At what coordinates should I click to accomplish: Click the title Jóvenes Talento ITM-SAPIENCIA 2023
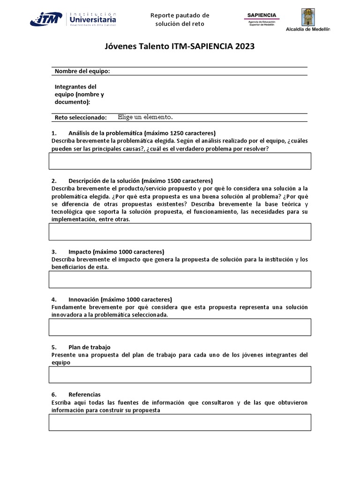tap(180, 47)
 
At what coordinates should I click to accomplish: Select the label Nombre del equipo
tap(82, 71)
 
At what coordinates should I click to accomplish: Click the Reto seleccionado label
tap(81, 117)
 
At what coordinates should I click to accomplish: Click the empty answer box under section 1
tap(180, 161)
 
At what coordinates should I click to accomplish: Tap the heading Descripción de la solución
tap(140, 180)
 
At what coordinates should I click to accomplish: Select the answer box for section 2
tap(180, 232)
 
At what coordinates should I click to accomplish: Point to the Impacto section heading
tap(116, 251)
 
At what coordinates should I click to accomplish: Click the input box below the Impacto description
tap(180, 279)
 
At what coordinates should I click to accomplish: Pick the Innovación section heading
tap(120, 299)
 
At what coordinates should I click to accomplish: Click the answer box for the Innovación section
tap(180, 327)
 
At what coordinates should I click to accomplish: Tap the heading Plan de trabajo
tap(89, 347)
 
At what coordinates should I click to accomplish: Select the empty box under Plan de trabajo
tap(180, 375)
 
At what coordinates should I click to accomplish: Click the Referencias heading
tap(84, 395)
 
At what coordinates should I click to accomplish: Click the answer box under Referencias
tap(180, 422)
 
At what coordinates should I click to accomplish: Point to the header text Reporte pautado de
tap(180, 15)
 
